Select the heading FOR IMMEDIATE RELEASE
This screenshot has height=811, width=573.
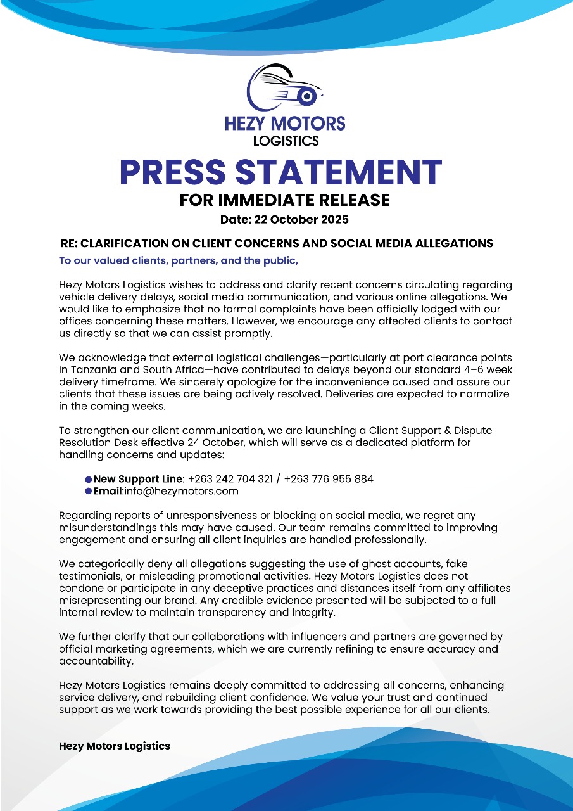click(x=285, y=200)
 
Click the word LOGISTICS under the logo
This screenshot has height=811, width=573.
click(x=286, y=140)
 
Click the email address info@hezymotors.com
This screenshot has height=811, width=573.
click(x=180, y=491)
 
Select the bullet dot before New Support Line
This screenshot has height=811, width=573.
click(x=88, y=480)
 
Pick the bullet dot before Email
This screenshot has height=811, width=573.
click(x=88, y=492)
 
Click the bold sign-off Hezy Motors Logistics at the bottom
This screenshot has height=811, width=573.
click(x=115, y=746)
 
